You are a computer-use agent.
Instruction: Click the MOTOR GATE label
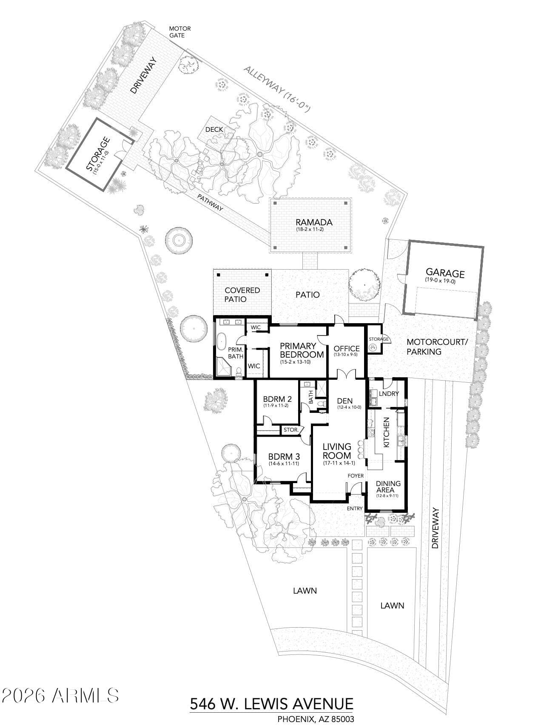(180, 32)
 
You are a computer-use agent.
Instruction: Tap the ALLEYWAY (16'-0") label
(277, 89)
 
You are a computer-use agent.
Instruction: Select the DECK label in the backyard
(214, 129)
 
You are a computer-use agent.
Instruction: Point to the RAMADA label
(314, 222)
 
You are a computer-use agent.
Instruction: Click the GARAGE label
(445, 273)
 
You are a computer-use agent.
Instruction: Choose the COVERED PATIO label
(242, 294)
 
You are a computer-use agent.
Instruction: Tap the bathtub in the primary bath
(222, 341)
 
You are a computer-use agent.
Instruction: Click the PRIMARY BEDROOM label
(302, 350)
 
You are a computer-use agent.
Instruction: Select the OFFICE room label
(347, 349)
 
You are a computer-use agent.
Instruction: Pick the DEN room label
(344, 401)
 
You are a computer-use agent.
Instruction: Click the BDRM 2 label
(277, 399)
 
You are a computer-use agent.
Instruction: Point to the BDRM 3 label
(284, 457)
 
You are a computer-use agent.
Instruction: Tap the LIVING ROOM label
(337, 450)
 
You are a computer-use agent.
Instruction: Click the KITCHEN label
(387, 432)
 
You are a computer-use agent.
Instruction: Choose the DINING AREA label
(388, 486)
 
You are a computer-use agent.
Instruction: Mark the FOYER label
(356, 475)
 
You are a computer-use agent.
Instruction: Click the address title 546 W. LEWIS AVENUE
(271, 703)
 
